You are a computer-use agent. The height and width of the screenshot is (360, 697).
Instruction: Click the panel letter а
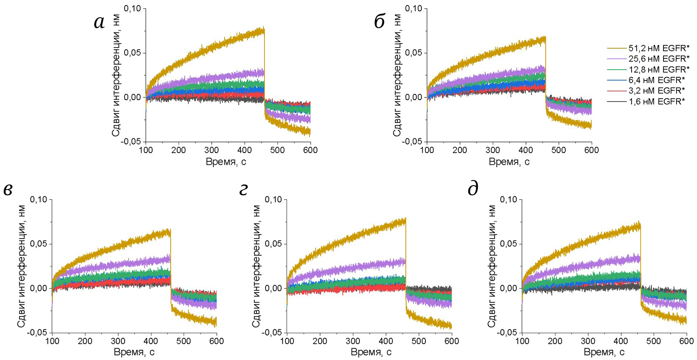99,22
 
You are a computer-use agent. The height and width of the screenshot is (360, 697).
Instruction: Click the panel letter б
379,22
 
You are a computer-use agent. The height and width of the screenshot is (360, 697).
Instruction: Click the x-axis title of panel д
604,352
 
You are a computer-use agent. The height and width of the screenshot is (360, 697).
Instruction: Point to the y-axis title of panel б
397,75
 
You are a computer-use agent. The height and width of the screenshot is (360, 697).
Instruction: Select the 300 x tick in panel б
493,150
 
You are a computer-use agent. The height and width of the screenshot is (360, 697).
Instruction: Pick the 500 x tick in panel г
419,341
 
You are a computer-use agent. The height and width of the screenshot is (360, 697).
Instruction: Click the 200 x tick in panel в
85,341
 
